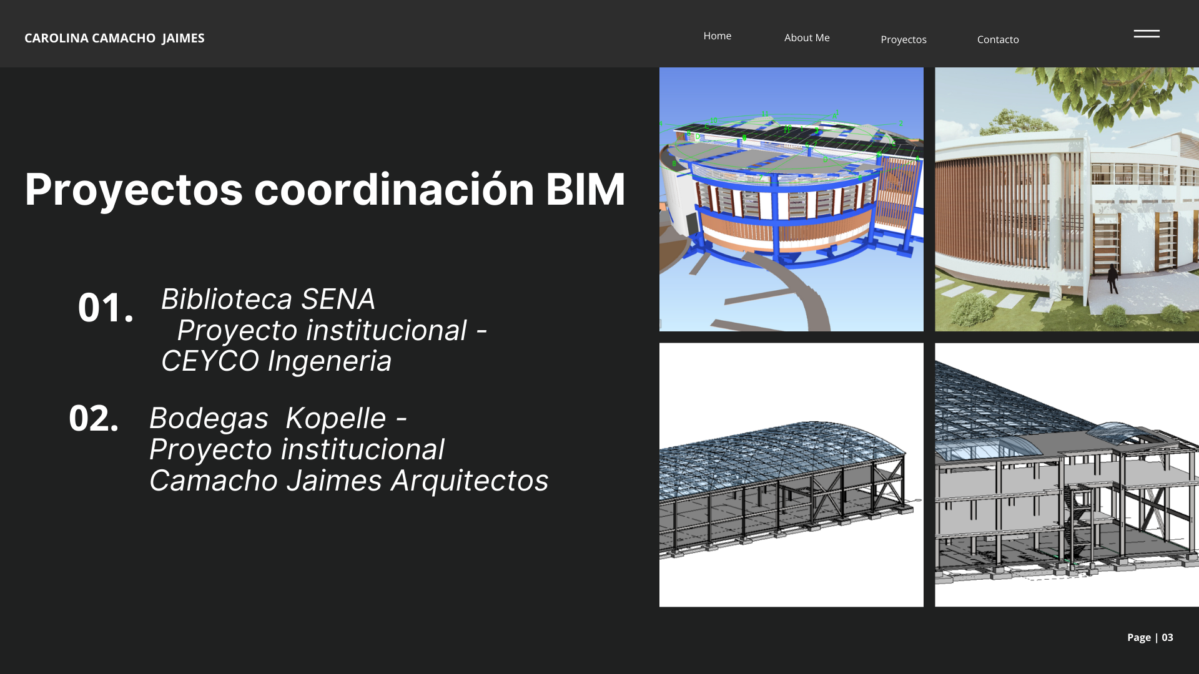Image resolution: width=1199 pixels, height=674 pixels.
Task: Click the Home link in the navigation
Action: [x=717, y=36]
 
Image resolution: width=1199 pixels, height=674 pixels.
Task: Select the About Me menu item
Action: [x=807, y=38]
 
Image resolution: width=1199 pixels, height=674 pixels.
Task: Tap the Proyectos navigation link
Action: [x=903, y=39]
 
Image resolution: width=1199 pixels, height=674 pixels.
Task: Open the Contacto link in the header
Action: [x=997, y=39]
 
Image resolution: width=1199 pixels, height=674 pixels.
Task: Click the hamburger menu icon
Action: [x=1147, y=34]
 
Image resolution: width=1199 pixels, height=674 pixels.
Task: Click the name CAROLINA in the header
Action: [x=56, y=38]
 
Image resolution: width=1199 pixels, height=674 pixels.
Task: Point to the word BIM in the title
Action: [x=585, y=189]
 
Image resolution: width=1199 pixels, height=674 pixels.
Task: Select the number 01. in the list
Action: [x=106, y=308]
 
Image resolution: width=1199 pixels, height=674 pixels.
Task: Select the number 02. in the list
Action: [x=94, y=418]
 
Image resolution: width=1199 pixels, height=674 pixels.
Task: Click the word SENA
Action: [x=338, y=300]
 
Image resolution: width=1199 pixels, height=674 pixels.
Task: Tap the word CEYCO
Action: [x=210, y=361]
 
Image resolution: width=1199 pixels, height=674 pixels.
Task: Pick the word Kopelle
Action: [x=335, y=419]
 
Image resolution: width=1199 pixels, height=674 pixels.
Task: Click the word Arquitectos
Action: [x=470, y=481]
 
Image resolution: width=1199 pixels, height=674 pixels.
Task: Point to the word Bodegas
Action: [x=209, y=419]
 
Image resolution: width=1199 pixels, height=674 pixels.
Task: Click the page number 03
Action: [x=1167, y=637]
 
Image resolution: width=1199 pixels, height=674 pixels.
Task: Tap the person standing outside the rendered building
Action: [x=1112, y=278]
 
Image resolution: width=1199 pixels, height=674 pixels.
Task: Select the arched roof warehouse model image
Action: [x=791, y=474]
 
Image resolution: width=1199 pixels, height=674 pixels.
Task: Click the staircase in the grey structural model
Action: [x=1078, y=524]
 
